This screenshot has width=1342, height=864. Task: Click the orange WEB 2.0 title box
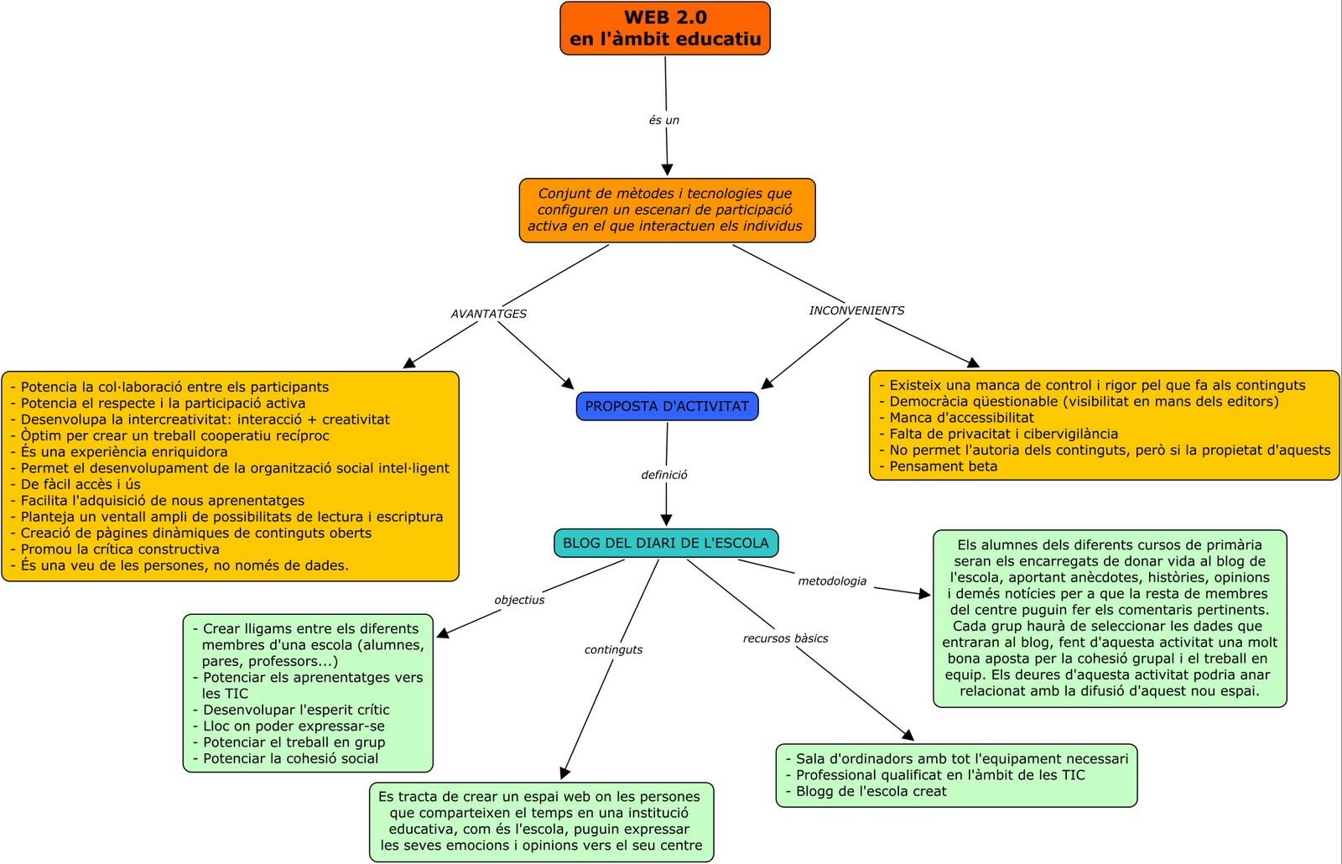point(665,29)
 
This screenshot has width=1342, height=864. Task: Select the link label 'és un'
point(663,120)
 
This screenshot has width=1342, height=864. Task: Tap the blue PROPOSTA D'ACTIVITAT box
point(667,406)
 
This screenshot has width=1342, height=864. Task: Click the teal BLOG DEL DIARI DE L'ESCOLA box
point(666,543)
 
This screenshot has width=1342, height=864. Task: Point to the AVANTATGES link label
point(489,314)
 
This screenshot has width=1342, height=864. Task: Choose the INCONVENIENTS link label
point(856,310)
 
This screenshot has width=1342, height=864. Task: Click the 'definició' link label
point(664,475)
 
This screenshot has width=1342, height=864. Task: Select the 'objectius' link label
point(519,600)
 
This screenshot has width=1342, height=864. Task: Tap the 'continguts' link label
point(613,649)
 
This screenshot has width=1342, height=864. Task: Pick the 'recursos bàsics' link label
point(785,638)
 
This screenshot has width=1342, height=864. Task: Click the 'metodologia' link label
point(832,581)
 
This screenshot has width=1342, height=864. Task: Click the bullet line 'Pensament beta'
point(943,466)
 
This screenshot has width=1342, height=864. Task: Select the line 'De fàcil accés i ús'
point(81,484)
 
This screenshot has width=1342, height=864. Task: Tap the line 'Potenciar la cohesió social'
point(290,758)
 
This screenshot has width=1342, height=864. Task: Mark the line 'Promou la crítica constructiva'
point(120,549)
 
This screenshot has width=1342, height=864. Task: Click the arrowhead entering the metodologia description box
point(924,594)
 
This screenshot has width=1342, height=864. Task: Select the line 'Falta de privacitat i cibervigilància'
point(1003,434)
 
